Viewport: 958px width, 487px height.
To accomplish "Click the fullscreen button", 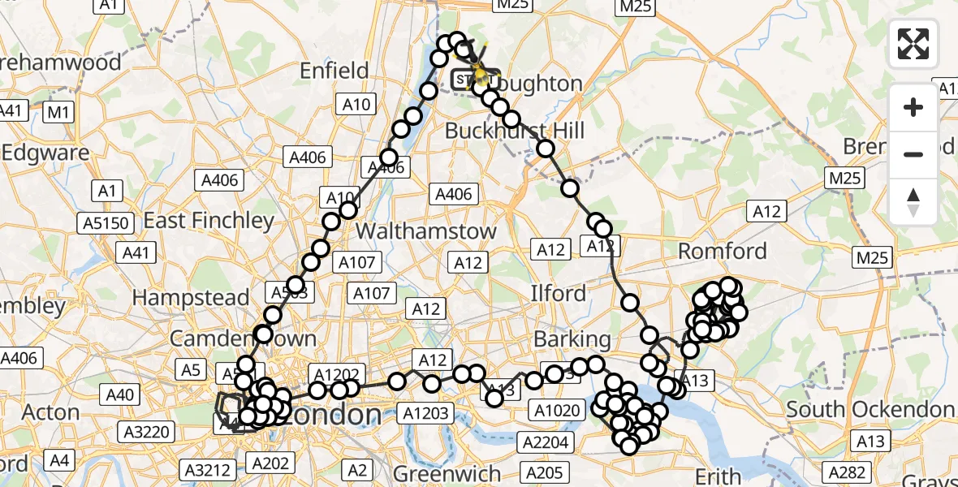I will point(913,44).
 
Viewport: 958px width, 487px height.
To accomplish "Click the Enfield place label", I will point(334,71).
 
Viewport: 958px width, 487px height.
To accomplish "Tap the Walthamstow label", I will point(426,231).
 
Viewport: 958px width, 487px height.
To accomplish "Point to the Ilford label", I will point(558,293).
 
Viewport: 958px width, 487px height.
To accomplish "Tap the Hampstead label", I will point(191,298).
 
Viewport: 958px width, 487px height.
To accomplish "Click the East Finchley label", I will point(209,221).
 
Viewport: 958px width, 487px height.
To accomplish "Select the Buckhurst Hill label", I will point(515,131).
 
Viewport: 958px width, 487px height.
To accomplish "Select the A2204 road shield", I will point(547,442).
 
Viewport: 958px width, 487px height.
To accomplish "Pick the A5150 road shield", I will point(101,222).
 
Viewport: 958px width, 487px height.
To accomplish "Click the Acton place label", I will point(50,412).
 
